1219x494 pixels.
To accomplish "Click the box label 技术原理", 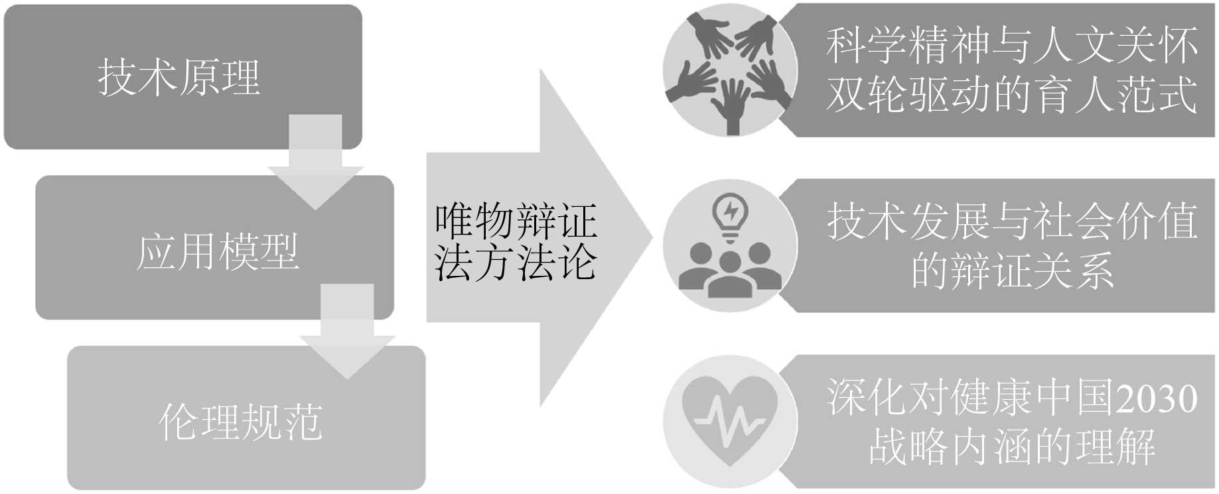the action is [x=179, y=77].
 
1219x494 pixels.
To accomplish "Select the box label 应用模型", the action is [x=218, y=251].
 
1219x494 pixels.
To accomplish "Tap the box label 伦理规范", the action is [x=241, y=421].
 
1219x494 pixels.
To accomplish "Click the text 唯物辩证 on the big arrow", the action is [x=516, y=221].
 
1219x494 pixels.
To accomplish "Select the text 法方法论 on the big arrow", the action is [x=516, y=262].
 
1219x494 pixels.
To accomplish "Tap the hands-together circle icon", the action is [x=730, y=71].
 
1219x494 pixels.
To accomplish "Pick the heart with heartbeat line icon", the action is [x=730, y=421].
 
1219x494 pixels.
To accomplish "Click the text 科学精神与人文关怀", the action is [x=1011, y=46].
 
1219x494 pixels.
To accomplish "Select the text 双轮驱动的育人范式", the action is [x=1011, y=94].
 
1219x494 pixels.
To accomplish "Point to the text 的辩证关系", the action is [x=1011, y=270].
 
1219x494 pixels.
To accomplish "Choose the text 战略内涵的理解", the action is [x=1011, y=446].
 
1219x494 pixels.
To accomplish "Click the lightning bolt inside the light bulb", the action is [x=731, y=210].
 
